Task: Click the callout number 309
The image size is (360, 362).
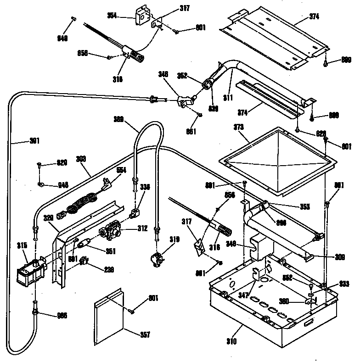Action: pos(340,257)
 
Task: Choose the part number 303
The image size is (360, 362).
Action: pos(80,158)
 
